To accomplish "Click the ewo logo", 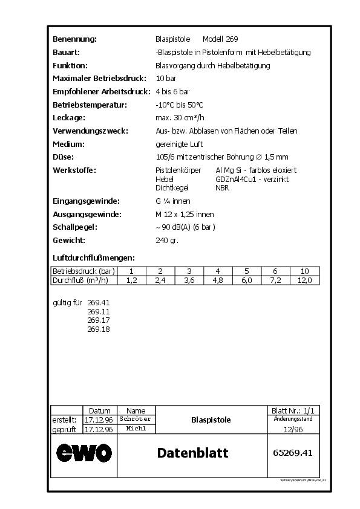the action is (84, 452).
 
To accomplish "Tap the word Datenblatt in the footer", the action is (192, 453).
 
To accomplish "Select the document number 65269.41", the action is (293, 452).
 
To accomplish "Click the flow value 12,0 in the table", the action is (304, 280).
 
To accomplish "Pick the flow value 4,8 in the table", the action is (218, 280).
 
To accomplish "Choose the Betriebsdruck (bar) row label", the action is (83, 271).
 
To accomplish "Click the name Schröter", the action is (136, 419).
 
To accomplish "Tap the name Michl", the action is (136, 429).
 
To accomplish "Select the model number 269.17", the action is (99, 320).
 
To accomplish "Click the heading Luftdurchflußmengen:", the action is (94, 258).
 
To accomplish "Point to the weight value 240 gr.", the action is (167, 240).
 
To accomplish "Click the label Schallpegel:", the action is (75, 227).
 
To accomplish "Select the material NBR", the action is (222, 187).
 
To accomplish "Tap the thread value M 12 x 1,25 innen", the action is (185, 214).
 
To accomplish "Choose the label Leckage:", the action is (69, 118).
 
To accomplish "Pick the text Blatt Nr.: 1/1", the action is (293, 410).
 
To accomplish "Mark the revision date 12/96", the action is (293, 429).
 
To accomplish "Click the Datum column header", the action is (99, 410).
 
